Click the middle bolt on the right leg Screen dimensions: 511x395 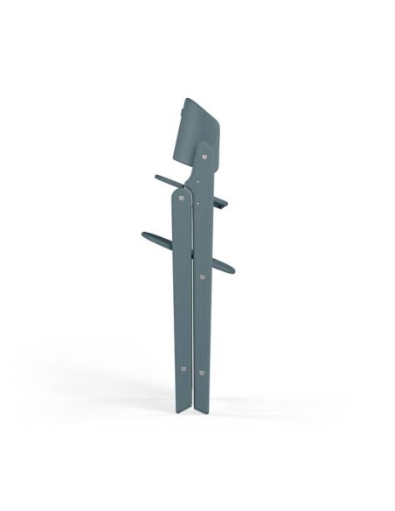(x=203, y=277)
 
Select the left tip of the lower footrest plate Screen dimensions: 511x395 (x=141, y=234)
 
